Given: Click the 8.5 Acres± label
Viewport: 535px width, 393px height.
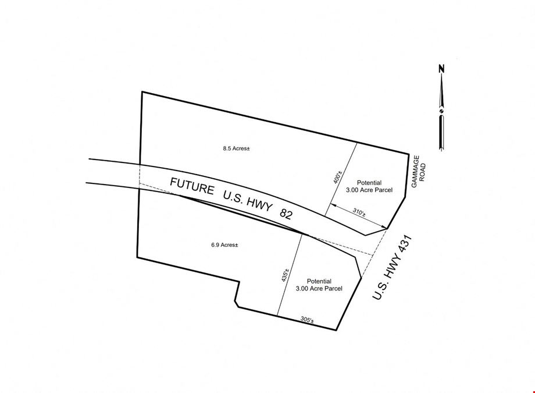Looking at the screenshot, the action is tap(237, 148).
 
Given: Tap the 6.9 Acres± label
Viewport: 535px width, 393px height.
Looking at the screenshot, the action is tap(224, 245).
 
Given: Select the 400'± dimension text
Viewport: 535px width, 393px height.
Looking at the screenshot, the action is tap(337, 177).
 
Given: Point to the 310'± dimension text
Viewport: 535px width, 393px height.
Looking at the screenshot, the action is tap(359, 213).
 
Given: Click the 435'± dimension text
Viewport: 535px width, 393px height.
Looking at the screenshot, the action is tap(286, 275).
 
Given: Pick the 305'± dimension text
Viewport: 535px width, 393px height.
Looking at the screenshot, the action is tap(307, 320).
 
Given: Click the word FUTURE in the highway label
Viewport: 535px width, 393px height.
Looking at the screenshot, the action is tap(192, 186).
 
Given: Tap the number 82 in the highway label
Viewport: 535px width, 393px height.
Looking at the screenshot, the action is tap(286, 214).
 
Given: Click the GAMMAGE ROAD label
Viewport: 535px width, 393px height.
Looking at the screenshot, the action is tap(419, 172).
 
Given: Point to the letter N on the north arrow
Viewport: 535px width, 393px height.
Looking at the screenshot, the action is tap(441, 68).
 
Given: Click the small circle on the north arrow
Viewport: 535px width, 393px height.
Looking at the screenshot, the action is tap(441, 111).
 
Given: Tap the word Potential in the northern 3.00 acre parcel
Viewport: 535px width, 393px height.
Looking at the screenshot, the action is tap(369, 183).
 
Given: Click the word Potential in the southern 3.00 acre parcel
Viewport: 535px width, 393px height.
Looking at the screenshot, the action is tap(319, 281).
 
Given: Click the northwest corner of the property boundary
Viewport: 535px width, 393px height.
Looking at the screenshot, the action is tap(142, 91).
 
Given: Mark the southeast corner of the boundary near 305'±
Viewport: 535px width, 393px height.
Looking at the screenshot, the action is tap(336, 330).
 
